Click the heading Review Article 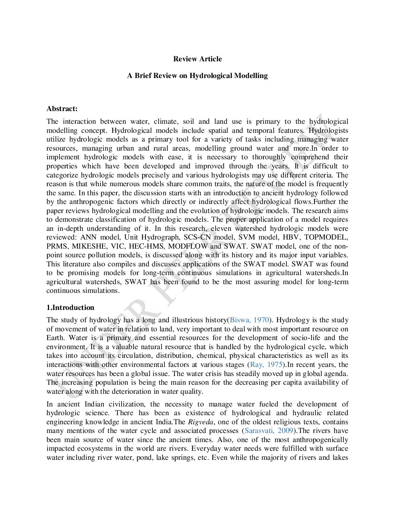click(x=197, y=59)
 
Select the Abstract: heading click(x=62, y=109)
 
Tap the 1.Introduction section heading click(x=70, y=307)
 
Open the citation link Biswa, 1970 click(x=249, y=320)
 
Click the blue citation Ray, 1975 click(x=266, y=365)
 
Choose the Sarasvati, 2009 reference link click(x=268, y=431)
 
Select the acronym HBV click(x=290, y=237)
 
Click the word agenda click(x=337, y=373)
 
